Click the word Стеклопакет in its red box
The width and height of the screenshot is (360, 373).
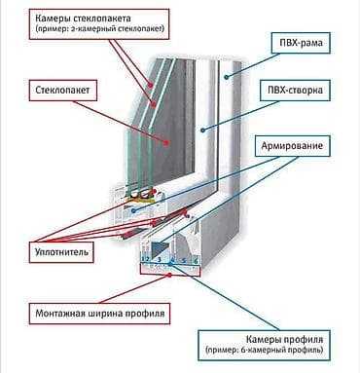click(x=62, y=90)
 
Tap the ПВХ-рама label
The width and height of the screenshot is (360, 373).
click(x=301, y=43)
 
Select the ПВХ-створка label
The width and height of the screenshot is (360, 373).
click(x=295, y=90)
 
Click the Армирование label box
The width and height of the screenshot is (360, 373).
click(x=292, y=146)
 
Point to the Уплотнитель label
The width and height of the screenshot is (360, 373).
click(x=61, y=252)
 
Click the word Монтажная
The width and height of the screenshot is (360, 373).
click(x=60, y=314)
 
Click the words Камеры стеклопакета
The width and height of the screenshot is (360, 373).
click(x=83, y=18)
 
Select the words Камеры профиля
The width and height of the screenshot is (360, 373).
click(x=284, y=340)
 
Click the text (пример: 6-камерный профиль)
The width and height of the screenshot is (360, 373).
click(x=264, y=351)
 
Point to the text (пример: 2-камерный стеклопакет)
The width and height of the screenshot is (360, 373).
click(x=100, y=28)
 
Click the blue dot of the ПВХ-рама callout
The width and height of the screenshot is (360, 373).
click(x=227, y=77)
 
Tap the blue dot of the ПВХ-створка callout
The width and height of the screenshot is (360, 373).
click(x=202, y=131)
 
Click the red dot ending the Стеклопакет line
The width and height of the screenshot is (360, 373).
click(x=166, y=142)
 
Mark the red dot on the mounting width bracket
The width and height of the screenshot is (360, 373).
click(x=169, y=276)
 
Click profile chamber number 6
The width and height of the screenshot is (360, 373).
click(x=196, y=261)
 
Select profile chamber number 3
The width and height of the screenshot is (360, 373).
click(x=160, y=260)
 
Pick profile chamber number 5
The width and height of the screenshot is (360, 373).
click(x=184, y=260)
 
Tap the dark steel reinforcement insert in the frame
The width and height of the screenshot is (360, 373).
click(x=161, y=248)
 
